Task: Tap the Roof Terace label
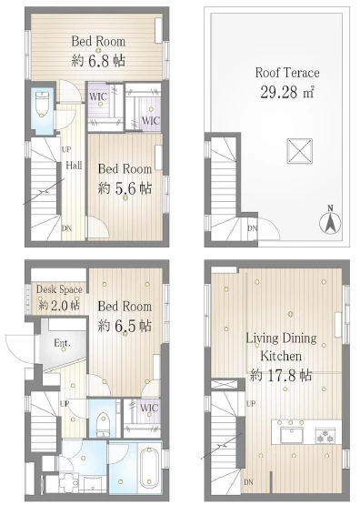pyautogui.click(x=287, y=73)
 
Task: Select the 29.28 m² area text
pyautogui.click(x=287, y=92)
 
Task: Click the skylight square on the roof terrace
pyautogui.click(x=299, y=151)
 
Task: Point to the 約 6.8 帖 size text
pyautogui.click(x=98, y=60)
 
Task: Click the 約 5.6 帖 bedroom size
pyautogui.click(x=125, y=188)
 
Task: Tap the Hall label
pyautogui.click(x=74, y=166)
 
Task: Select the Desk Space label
pyautogui.click(x=59, y=289)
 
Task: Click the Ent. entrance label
pyautogui.click(x=62, y=343)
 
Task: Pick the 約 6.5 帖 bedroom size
pyautogui.click(x=125, y=325)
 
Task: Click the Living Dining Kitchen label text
pyautogui.click(x=281, y=347)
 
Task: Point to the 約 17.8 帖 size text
pyautogui.click(x=281, y=375)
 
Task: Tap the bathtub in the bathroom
pyautogui.click(x=150, y=466)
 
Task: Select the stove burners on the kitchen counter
pyautogui.click(x=325, y=435)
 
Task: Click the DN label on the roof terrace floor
pyautogui.click(x=253, y=228)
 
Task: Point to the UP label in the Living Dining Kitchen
pyautogui.click(x=251, y=403)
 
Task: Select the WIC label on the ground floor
pyautogui.click(x=149, y=408)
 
